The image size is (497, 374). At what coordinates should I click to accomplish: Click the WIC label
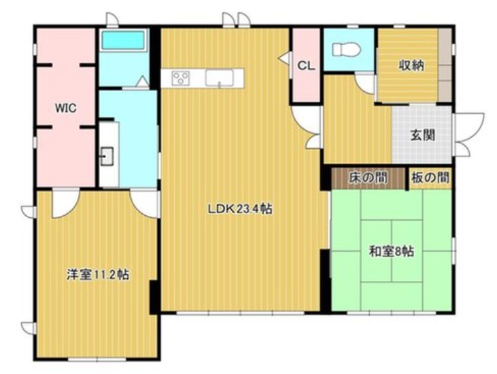coord(66,108)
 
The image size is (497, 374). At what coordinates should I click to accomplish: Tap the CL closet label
coord(306,66)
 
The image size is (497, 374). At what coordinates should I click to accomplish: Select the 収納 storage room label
coord(411,66)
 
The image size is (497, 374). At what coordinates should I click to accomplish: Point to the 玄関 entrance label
coord(422,136)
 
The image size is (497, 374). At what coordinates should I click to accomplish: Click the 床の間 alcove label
coord(368,178)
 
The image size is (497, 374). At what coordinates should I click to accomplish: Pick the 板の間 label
coord(430,178)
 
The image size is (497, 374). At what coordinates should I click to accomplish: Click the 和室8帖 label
coord(391,252)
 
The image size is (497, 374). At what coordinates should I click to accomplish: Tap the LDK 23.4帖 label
coord(240,208)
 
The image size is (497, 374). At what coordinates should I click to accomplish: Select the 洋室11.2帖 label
coord(98,274)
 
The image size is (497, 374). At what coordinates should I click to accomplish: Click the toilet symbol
coord(346,50)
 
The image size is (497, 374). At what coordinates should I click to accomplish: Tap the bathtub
coord(123,40)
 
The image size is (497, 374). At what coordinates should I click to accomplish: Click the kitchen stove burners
coord(181,78)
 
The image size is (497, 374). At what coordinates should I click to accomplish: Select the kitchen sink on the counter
coord(219,78)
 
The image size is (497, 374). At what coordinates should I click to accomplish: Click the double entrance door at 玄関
coord(468,134)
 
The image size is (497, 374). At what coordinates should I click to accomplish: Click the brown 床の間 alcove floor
coord(369,178)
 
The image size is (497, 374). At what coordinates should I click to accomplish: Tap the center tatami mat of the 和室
coord(392,251)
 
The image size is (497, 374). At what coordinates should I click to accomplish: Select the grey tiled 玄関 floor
coord(422,134)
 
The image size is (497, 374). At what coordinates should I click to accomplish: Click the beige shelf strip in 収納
coord(445,65)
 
